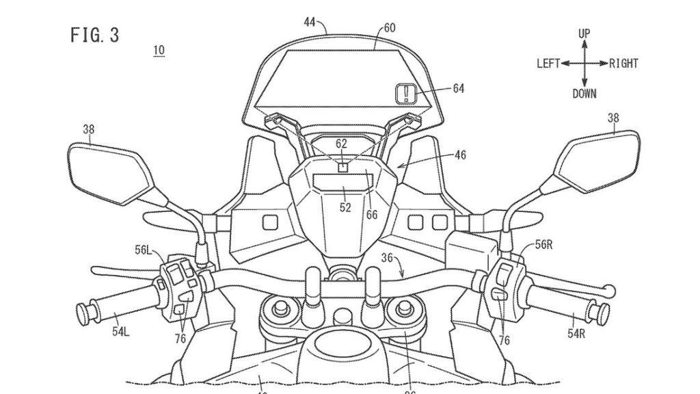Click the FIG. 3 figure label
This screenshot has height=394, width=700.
pos(94,36)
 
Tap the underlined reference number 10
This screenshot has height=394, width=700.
pos(159,50)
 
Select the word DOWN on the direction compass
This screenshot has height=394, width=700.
pos(584,94)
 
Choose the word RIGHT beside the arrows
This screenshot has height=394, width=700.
pos(623,64)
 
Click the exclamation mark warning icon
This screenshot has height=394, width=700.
pos(406,92)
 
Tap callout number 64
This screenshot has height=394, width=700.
pos(458,88)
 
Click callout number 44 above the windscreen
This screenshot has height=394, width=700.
pos(309,22)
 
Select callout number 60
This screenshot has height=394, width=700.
pos(390,28)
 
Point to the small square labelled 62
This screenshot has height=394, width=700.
pos(342,164)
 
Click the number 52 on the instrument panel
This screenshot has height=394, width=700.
pos(345,207)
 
